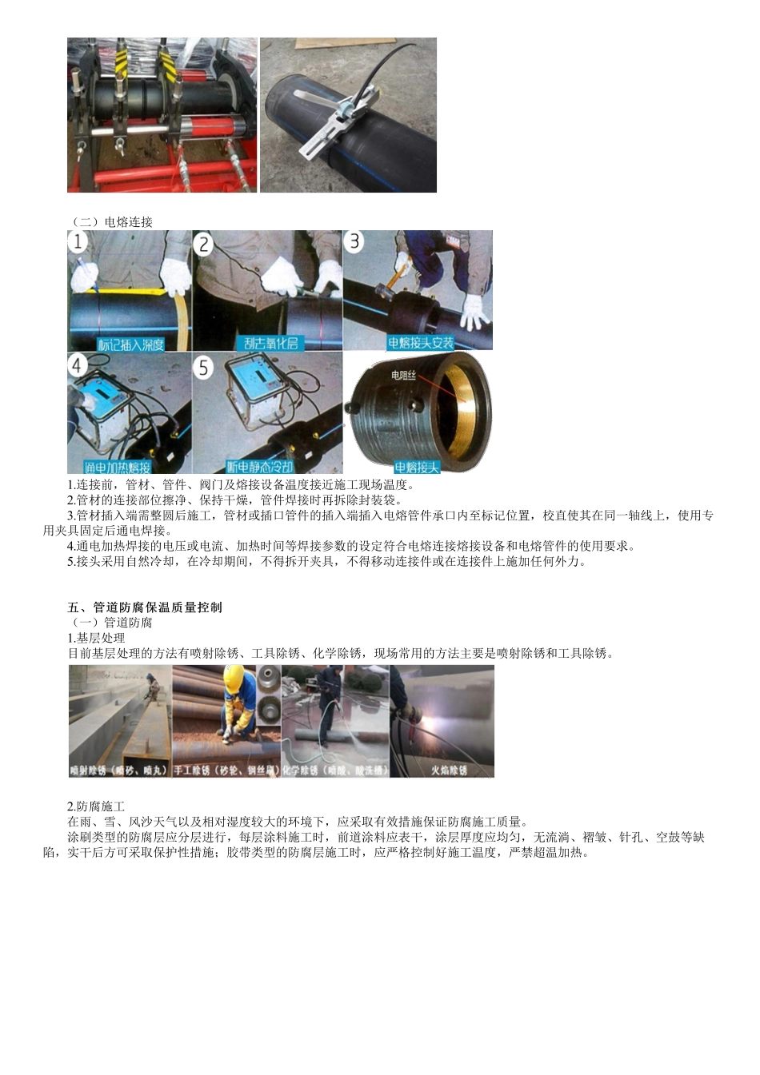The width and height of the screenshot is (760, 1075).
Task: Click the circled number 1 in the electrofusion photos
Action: click(x=78, y=242)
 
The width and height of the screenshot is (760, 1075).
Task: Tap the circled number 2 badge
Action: click(x=204, y=244)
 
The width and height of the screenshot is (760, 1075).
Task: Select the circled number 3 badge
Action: click(x=354, y=241)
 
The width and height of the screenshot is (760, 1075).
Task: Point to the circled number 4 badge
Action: click(x=78, y=366)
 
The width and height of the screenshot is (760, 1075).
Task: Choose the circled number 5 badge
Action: click(x=204, y=368)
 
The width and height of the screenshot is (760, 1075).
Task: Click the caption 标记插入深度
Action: click(x=130, y=344)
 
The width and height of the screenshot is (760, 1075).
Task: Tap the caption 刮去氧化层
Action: click(x=270, y=344)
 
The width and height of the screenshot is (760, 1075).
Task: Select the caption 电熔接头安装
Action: click(x=420, y=343)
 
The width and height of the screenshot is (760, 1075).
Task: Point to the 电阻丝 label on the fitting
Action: click(x=403, y=375)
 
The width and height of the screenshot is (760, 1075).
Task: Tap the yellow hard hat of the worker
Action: click(x=234, y=678)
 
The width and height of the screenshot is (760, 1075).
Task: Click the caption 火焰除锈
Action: click(x=449, y=770)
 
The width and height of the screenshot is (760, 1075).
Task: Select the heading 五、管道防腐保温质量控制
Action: click(x=145, y=607)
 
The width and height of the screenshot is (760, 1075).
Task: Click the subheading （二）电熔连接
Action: click(x=111, y=221)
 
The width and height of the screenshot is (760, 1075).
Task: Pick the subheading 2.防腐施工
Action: click(x=96, y=806)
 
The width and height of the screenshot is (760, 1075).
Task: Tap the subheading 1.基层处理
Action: click(x=96, y=638)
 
